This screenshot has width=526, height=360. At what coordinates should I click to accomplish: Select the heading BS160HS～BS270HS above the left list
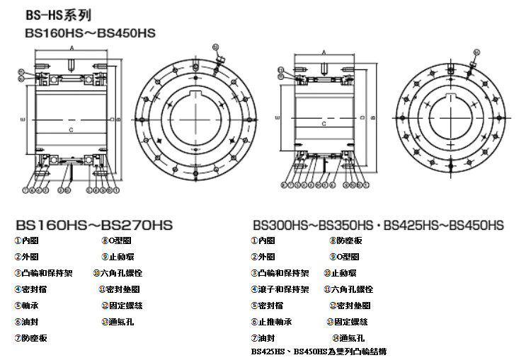(93, 226)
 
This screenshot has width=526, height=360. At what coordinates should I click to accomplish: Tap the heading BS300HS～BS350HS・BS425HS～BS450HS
(377, 226)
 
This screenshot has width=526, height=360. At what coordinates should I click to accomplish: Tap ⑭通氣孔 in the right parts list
(346, 337)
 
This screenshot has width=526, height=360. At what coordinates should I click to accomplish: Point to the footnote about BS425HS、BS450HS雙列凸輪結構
(319, 351)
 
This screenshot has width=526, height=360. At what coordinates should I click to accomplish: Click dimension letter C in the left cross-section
(72, 131)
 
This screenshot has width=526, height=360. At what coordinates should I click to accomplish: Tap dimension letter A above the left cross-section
(72, 47)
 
